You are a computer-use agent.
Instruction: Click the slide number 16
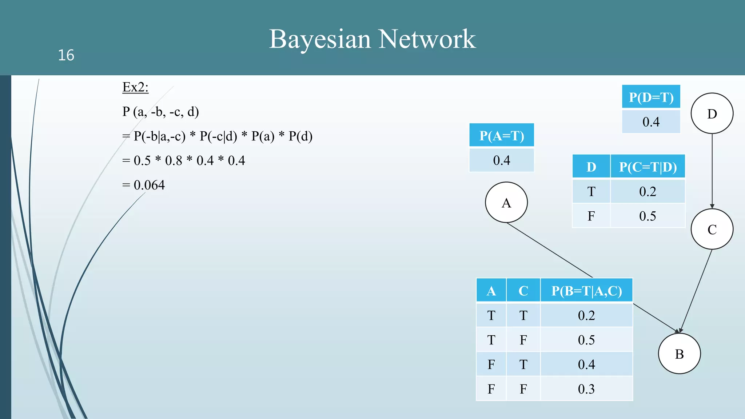coord(66,55)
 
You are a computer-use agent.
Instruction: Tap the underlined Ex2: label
coord(135,87)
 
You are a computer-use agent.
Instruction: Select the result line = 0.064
coord(144,185)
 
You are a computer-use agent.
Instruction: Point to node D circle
coord(712,113)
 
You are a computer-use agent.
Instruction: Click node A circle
coord(506,202)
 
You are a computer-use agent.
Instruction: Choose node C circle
coord(712,229)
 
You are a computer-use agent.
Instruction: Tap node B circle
coord(679,354)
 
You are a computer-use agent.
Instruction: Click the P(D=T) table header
coord(651,97)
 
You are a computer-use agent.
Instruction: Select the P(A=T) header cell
coord(501,136)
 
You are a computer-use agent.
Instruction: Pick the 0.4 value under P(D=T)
coord(651,122)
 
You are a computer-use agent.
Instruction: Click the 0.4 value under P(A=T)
coord(501,160)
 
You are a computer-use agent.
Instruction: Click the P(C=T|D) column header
coord(648,167)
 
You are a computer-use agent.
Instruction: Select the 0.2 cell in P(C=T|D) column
coord(648,192)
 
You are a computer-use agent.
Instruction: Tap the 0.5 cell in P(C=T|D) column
coord(648,216)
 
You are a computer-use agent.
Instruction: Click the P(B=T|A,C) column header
coord(586,291)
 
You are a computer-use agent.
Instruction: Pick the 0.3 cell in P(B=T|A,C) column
coord(586,389)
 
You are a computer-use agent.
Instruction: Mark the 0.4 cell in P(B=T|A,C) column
coord(586,364)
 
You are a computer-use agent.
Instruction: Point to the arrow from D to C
coord(712,171)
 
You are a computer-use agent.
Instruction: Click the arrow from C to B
coord(696,291)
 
